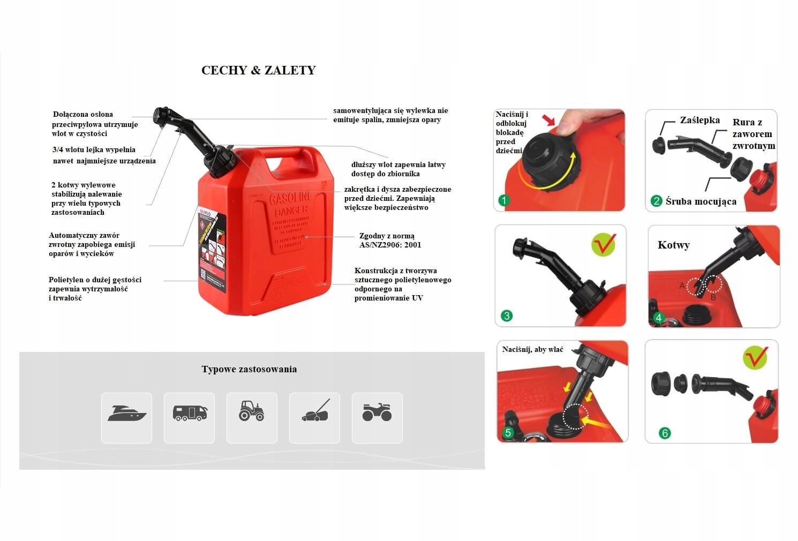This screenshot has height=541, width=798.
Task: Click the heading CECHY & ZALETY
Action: click(258, 70)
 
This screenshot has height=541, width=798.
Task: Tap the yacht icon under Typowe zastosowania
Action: click(127, 414)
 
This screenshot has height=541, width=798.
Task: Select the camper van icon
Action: click(190, 413)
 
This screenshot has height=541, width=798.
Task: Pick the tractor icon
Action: click(252, 411)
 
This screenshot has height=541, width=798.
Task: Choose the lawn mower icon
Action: click(315, 411)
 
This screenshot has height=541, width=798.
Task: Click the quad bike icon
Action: click(377, 412)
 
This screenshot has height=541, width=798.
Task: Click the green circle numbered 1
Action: click(504, 200)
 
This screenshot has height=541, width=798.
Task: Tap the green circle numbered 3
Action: click(507, 315)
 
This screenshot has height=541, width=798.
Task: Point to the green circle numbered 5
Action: click(508, 432)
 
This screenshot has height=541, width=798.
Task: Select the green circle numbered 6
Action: click(665, 433)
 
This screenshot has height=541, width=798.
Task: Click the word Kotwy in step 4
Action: click(673, 245)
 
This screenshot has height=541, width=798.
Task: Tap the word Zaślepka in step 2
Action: click(699, 120)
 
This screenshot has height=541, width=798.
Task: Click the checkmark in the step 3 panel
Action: click(604, 244)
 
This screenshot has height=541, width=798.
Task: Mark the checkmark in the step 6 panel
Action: click(755, 357)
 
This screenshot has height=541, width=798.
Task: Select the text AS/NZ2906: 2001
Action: click(390, 245)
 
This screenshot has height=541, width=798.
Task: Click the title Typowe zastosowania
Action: click(249, 369)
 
